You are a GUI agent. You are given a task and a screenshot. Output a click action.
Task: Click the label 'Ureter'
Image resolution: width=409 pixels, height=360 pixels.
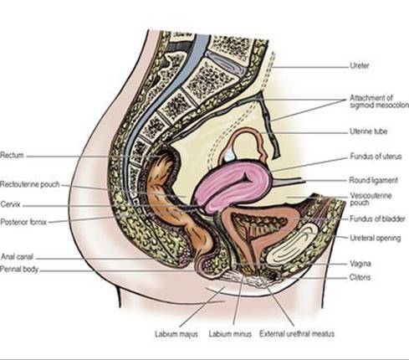pyautogui.click(x=360, y=66)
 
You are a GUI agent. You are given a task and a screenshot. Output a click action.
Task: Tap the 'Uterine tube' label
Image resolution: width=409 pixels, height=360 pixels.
pyautogui.click(x=369, y=131)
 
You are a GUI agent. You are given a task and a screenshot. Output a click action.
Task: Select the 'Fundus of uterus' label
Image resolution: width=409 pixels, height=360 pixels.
pyautogui.click(x=376, y=157)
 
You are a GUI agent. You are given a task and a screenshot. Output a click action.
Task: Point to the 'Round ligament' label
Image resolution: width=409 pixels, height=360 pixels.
pyautogui.click(x=374, y=180)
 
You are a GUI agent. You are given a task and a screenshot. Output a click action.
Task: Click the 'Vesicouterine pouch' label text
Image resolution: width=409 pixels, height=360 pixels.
pyautogui.click(x=371, y=199)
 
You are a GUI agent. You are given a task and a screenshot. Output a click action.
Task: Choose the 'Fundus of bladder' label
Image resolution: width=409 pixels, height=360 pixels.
pyautogui.click(x=377, y=219)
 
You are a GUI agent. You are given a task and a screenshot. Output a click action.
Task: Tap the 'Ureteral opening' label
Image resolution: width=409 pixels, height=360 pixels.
pyautogui.click(x=376, y=238)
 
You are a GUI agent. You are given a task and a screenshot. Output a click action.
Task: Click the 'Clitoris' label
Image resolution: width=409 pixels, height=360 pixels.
pyautogui.click(x=360, y=277)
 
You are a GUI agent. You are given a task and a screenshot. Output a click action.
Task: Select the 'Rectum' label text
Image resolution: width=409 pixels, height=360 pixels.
pyautogui.click(x=12, y=155)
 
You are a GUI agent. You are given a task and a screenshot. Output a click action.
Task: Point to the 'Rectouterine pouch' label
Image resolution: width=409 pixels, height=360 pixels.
pyautogui.click(x=30, y=184)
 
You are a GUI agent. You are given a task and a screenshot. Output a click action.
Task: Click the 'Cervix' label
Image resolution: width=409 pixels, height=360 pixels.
pyautogui.click(x=11, y=204)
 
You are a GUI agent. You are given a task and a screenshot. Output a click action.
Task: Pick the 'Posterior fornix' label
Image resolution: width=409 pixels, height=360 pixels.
pyautogui.click(x=23, y=222)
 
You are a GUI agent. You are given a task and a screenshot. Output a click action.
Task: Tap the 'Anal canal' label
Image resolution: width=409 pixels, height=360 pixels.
pyautogui.click(x=18, y=256)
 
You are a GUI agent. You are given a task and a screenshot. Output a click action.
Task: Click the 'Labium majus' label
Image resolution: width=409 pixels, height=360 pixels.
pyautogui.click(x=176, y=334)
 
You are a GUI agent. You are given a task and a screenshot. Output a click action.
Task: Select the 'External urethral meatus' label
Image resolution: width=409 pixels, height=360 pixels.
pyautogui.click(x=297, y=334)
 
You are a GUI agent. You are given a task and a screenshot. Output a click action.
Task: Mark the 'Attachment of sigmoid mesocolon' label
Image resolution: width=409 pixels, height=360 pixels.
pyautogui.click(x=379, y=101)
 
